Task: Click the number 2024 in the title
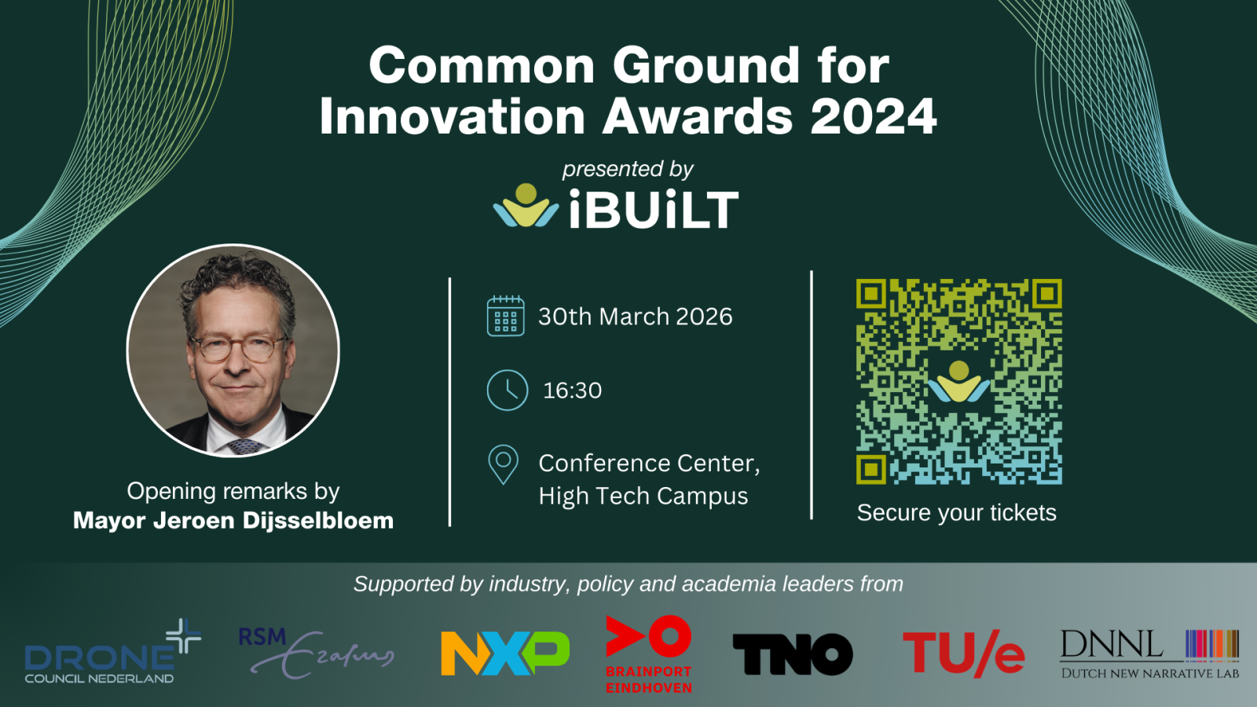(x=873, y=116)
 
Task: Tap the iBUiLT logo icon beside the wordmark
(x=526, y=206)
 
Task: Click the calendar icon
(x=506, y=316)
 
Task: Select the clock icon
(x=508, y=390)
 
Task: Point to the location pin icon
(x=504, y=464)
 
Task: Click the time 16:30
(x=573, y=390)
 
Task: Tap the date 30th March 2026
(x=636, y=317)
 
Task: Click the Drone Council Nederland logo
(x=113, y=651)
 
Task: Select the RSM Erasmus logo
(x=317, y=653)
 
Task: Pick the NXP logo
(x=505, y=653)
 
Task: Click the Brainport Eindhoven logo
(x=649, y=654)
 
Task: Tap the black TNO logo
(x=793, y=654)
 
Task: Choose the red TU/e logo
(x=963, y=653)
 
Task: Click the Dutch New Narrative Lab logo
(x=1150, y=654)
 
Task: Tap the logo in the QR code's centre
(x=958, y=382)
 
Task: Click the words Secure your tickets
(x=957, y=513)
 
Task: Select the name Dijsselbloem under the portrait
(x=318, y=521)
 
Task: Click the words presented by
(x=628, y=169)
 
